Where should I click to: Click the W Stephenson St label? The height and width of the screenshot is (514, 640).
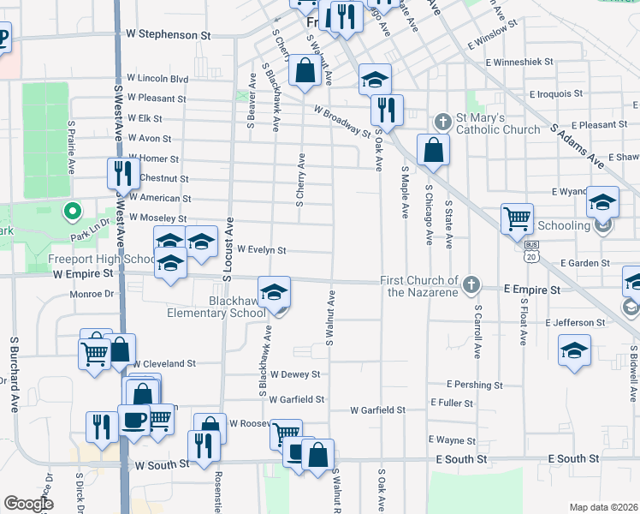click(x=168, y=36)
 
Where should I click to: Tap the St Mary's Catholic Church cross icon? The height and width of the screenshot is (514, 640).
click(x=442, y=119)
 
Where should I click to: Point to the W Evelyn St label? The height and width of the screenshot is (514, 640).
click(x=260, y=250)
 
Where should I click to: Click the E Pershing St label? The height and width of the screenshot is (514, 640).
click(x=471, y=385)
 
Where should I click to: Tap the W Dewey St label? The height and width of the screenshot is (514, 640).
click(x=294, y=374)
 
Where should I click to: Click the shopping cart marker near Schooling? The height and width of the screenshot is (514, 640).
click(x=517, y=218)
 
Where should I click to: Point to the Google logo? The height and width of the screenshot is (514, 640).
click(x=29, y=504)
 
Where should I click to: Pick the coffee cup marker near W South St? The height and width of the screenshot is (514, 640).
click(x=133, y=420)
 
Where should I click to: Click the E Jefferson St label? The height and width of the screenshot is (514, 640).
click(x=575, y=323)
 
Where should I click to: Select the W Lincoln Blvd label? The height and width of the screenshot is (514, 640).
click(x=157, y=79)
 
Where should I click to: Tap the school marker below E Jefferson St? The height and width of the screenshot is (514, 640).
click(x=574, y=350)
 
